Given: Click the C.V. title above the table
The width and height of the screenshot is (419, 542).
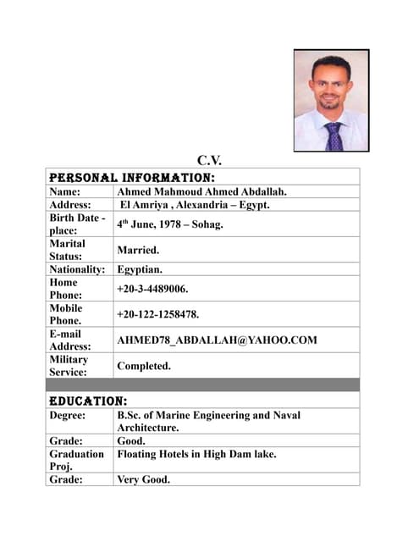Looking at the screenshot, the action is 209,161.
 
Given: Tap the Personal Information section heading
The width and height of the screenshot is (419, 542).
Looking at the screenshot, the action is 131,178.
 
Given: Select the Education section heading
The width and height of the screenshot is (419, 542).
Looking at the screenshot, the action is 88,400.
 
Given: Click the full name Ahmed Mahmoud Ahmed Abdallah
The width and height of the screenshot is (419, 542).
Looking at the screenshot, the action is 201,192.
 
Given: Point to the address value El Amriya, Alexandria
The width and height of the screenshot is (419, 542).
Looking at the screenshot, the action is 195,205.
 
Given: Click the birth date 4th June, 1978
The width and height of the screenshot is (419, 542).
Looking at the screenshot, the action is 169,224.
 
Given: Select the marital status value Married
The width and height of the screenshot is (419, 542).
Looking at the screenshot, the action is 138,251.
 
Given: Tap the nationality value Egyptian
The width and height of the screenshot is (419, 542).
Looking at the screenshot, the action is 141,269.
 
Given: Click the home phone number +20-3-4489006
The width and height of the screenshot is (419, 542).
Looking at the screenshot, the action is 152,289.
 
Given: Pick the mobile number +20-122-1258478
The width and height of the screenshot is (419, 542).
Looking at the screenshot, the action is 158,314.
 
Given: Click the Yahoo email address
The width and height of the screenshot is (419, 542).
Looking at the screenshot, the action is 217,340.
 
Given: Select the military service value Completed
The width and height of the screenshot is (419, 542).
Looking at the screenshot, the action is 144,366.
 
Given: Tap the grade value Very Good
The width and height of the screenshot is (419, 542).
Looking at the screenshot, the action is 144,479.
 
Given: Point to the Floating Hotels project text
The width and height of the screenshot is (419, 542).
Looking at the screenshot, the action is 196,454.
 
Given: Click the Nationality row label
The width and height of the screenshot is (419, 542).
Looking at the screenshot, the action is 77,269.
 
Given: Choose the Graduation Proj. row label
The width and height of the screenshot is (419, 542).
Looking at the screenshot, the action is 76,460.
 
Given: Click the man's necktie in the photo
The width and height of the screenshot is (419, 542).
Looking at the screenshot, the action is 334,135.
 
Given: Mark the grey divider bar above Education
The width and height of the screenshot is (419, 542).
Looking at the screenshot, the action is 202,384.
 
